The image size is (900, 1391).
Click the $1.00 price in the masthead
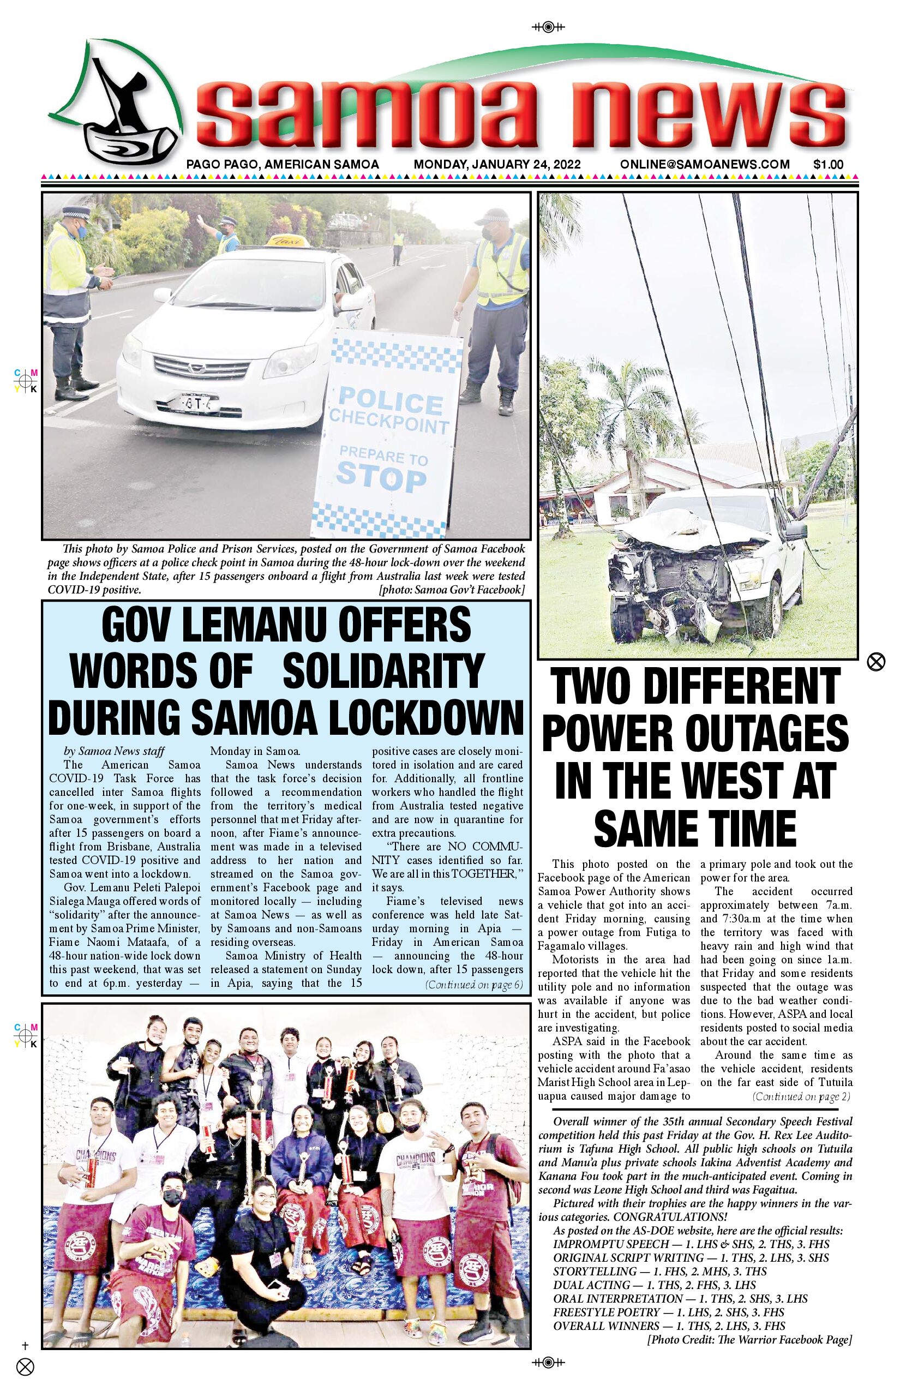pyautogui.click(x=828, y=164)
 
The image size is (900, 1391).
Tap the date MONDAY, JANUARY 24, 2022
pyautogui.click(x=497, y=164)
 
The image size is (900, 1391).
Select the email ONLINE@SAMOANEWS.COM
pyautogui.click(x=705, y=164)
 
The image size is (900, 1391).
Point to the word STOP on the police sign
pyautogui.click(x=381, y=477)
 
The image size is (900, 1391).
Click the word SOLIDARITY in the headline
pyautogui.click(x=383, y=670)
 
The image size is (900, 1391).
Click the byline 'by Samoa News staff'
pyautogui.click(x=114, y=751)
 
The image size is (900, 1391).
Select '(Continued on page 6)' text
pyautogui.click(x=474, y=985)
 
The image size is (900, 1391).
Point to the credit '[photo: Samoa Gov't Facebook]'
pyautogui.click(x=452, y=590)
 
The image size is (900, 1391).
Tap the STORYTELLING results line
pyautogui.click(x=660, y=1271)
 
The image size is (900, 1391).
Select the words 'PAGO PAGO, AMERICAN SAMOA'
pyautogui.click(x=283, y=164)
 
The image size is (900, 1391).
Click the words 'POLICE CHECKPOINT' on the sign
pyautogui.click(x=390, y=412)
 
